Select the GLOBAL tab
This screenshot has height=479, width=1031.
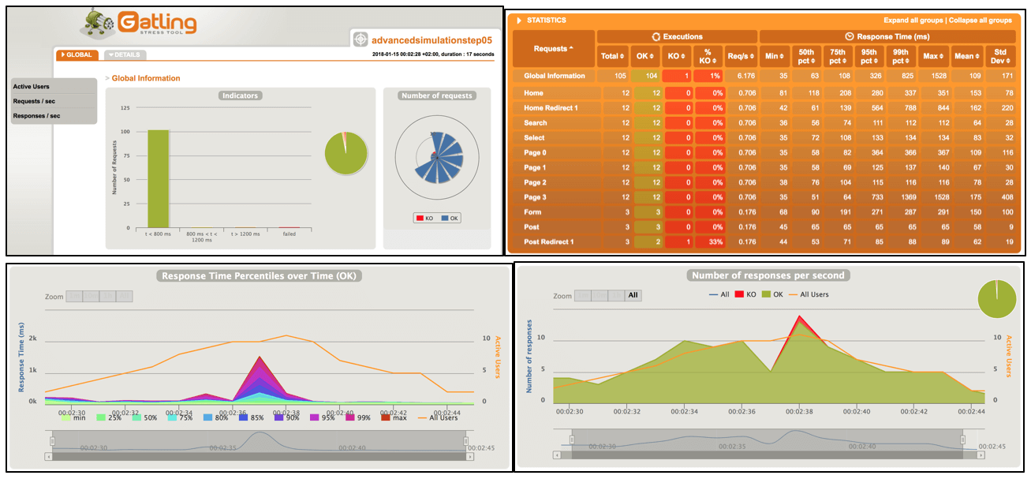coord(77,55)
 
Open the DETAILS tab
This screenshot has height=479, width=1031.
coord(125,55)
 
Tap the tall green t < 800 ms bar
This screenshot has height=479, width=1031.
coord(158,178)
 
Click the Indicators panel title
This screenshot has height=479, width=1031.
coord(241,95)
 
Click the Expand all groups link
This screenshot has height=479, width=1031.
coord(913,21)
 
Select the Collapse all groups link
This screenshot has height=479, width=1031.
coord(981,21)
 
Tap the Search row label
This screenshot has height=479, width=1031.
coord(535,122)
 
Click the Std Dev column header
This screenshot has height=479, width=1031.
coord(1001,55)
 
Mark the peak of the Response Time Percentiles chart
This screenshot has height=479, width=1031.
coord(260,357)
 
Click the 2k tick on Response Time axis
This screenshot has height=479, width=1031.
coord(33,338)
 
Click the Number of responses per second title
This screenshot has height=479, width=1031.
coord(767,275)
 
